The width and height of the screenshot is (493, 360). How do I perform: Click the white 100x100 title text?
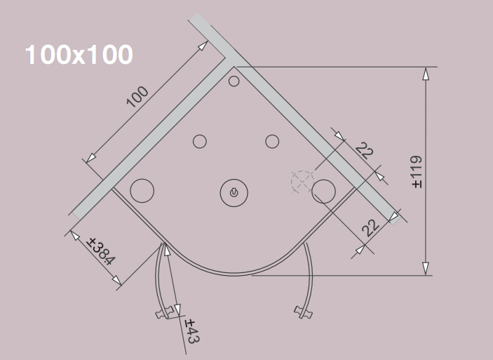tap(79, 55)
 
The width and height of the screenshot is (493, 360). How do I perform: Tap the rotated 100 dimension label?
tap(137, 97)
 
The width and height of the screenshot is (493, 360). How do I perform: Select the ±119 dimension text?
tap(417, 171)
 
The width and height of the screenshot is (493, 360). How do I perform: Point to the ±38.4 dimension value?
tap(101, 251)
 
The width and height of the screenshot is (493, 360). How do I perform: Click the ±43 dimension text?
tap(192, 331)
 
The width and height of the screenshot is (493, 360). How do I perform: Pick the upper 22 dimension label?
tap(365, 150)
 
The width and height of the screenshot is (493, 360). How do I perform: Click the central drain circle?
tap(234, 193)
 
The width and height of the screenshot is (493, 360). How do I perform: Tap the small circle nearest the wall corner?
tap(234, 81)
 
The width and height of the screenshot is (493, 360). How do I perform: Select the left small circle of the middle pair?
tap(200, 142)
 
